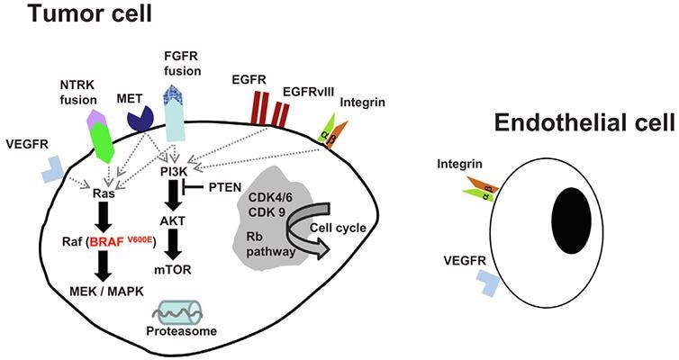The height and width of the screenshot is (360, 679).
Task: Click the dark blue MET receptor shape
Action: [140, 116]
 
